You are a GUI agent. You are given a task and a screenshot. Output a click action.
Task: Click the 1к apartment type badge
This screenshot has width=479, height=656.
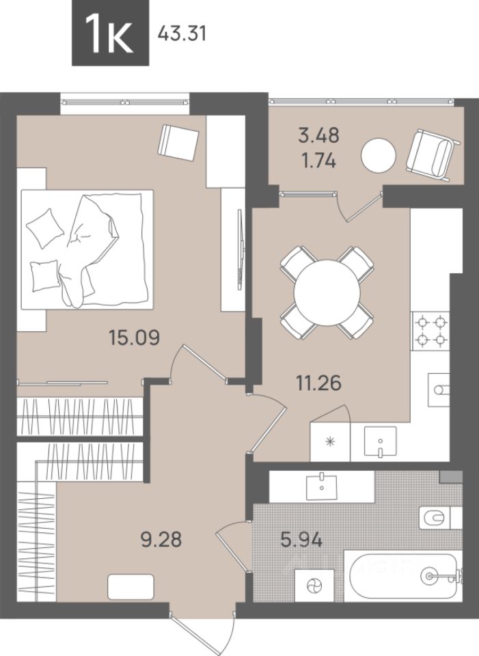coord(111,33)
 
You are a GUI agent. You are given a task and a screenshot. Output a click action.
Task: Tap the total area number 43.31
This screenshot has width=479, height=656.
coord(182,33)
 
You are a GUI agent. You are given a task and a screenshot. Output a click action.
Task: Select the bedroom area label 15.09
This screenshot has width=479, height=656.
coord(135,337)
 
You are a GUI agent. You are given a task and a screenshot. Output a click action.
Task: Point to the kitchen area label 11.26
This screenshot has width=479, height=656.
coord(319,383)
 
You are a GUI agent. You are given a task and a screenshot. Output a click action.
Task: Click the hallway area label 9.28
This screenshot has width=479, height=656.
coord(161,539)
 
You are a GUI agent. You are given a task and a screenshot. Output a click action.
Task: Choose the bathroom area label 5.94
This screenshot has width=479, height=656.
coord(301,539)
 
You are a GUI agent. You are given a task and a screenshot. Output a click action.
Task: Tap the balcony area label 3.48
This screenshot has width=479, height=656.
coord(319,135)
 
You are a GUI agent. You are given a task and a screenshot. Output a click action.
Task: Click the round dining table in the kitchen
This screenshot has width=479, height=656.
coord(327,293)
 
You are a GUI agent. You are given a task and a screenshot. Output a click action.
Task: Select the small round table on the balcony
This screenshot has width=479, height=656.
coord(378,154)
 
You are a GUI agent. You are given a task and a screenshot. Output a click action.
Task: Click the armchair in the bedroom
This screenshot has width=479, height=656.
coord(178,142)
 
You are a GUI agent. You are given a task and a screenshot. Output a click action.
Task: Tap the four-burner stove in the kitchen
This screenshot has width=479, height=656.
coord(430,331)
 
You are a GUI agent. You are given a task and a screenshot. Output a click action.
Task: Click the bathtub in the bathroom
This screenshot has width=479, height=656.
coord(403,576)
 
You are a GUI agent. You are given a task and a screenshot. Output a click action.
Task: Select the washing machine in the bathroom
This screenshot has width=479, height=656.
coord(314,586)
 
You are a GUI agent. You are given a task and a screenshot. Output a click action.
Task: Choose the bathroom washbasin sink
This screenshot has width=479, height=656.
coord(321,486)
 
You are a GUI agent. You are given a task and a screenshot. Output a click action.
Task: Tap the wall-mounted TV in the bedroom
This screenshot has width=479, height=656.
coord(240,249)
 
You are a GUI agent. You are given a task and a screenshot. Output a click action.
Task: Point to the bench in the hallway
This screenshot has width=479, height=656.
coord(131,587)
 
